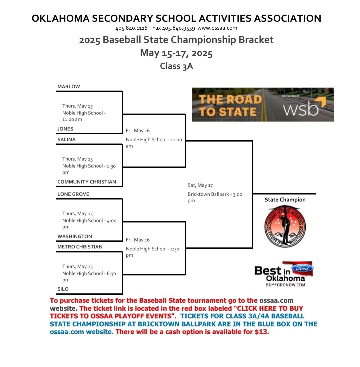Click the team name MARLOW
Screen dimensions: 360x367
69,87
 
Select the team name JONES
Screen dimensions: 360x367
65,129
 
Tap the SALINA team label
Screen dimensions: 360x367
66,140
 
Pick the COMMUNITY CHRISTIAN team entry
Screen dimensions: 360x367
87,182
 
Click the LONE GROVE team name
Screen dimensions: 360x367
73,194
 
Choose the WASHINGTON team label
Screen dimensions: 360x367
75,236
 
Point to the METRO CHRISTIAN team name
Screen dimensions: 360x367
80,247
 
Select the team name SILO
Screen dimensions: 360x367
63,289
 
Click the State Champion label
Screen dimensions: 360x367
285,200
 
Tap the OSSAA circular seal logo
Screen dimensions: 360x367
285,226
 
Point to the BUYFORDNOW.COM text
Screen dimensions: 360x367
286,285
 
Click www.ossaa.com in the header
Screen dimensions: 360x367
217,28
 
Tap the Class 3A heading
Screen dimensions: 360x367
176,66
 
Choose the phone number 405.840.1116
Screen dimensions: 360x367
131,28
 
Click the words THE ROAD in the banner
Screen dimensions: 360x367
230,99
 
